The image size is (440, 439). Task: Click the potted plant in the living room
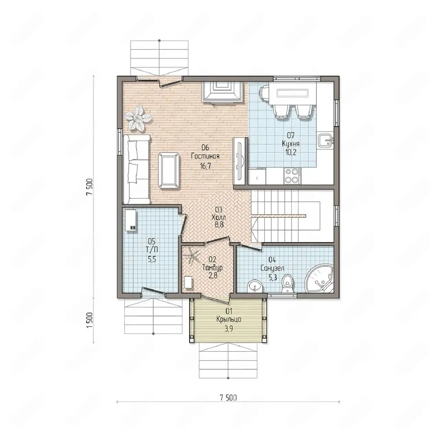138,119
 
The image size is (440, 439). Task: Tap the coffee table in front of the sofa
169,171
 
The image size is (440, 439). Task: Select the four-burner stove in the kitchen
292,176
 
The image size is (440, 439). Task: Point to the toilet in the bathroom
287,284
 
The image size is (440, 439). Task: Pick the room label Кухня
290,144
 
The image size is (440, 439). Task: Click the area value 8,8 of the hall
219,224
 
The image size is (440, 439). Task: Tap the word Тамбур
212,267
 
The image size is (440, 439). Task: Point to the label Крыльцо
229,319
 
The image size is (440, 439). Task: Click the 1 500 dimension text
90,320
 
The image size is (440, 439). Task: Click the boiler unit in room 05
131,220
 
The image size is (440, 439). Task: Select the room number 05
151,241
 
